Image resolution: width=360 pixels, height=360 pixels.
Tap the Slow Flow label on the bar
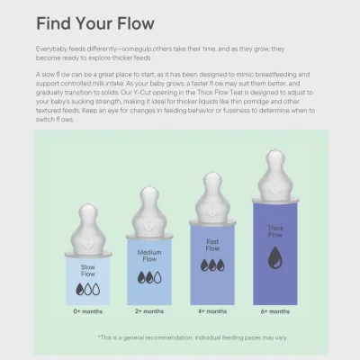(x=87, y=269)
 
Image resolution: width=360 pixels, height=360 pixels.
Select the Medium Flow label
(x=149, y=256)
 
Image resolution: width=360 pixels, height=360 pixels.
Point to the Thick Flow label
(x=275, y=231)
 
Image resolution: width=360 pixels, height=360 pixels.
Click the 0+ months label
(x=87, y=311)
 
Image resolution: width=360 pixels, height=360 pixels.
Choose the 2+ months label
(x=149, y=311)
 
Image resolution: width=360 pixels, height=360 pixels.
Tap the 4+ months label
(x=212, y=311)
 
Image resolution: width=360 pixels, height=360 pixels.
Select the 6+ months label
(x=275, y=311)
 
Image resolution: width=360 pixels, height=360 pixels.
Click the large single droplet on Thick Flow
(x=275, y=259)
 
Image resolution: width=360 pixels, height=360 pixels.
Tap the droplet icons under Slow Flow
(x=87, y=288)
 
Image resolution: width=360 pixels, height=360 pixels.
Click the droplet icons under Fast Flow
(x=212, y=265)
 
